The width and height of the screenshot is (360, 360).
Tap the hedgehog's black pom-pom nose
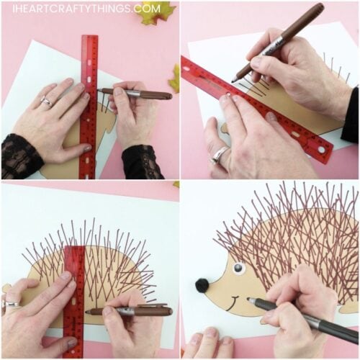coord(202,285)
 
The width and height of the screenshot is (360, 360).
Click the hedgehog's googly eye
coord(238,268)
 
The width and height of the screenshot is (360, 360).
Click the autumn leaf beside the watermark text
coord(160,13)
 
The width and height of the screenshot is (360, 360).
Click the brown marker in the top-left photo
coord(140,94)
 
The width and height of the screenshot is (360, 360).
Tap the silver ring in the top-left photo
coord(45,102)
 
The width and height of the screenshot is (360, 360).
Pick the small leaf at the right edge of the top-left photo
coord(174,78)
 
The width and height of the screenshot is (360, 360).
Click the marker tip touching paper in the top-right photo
coord(235,80)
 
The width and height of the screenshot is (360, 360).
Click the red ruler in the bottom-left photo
coord(73,295)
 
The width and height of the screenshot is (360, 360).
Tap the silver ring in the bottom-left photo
coord(11,304)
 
